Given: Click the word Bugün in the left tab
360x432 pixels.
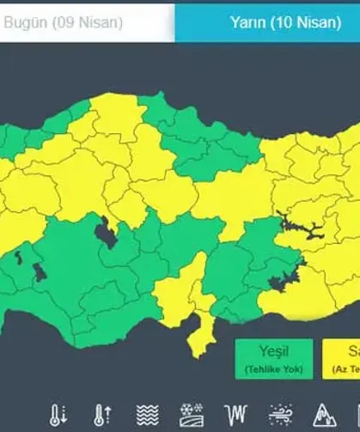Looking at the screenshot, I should [25, 22].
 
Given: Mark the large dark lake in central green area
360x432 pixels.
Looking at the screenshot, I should [107, 232].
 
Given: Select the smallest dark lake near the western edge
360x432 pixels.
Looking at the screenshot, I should [16, 255].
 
